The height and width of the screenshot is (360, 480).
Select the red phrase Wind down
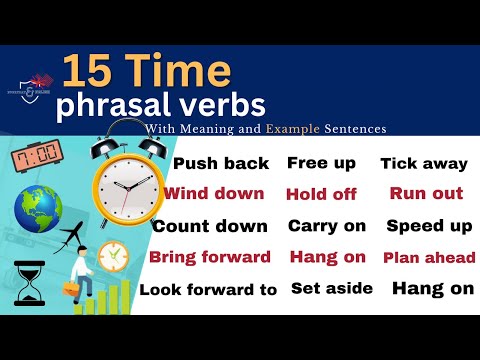coord(214,194)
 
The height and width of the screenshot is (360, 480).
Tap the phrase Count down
coord(210,226)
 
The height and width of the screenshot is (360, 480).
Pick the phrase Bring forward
coord(210,257)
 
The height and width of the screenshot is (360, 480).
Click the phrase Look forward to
coord(208,290)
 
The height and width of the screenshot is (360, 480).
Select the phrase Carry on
coord(327,226)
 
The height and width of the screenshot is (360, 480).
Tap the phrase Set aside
coord(332,289)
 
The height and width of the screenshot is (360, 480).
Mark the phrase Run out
coord(427,193)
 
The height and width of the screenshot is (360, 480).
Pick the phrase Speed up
coord(429,226)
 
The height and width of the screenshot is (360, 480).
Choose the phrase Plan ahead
coord(428,258)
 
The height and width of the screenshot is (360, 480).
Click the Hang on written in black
coord(432,289)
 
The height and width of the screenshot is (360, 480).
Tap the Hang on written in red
coord(327,257)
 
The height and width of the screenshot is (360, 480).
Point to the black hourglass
coord(29,282)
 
